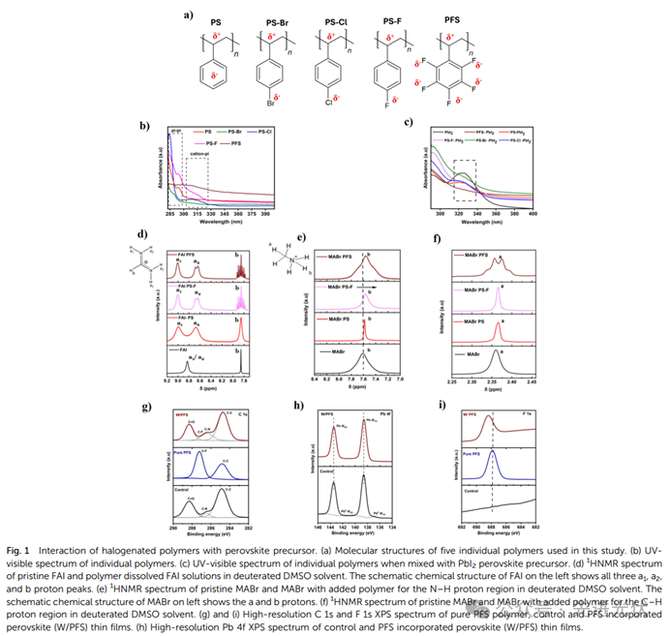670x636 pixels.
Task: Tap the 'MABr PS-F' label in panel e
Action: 342,288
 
